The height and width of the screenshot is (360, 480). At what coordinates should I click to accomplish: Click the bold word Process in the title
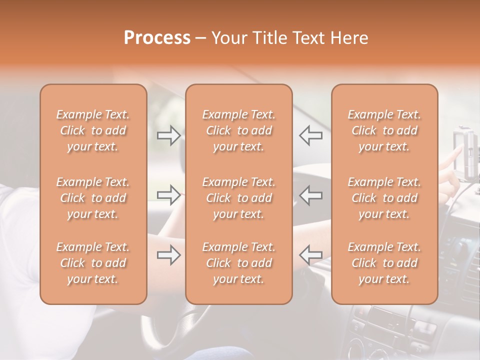pos(157,38)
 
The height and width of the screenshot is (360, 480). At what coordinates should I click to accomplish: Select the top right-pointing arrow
pos(168,135)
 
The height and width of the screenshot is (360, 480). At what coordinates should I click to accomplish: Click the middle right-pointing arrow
pos(168,194)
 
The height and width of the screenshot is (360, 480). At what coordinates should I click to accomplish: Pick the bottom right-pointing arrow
pos(168,255)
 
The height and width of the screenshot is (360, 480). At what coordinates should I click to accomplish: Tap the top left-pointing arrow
pos(311,135)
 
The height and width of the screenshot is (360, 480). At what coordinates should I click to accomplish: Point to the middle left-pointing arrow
pos(311,194)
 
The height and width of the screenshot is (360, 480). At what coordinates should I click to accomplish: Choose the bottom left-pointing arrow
pos(311,255)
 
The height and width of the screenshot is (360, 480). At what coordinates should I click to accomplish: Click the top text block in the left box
pos(93,130)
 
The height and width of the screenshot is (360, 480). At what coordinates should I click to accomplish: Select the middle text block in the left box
pos(93,198)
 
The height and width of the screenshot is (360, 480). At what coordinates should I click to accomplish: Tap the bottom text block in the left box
pos(93,263)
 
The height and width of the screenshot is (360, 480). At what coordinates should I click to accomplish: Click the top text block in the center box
pos(238,130)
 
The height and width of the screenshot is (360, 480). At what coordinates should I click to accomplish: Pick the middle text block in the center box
pos(238,198)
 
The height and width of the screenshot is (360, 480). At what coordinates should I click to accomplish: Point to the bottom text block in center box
pos(238,263)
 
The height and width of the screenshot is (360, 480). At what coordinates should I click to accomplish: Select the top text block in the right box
pos(384,130)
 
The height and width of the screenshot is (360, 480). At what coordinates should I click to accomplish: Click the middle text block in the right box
pos(384,198)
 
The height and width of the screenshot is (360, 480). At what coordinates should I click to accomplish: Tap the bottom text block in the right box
pos(384,263)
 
